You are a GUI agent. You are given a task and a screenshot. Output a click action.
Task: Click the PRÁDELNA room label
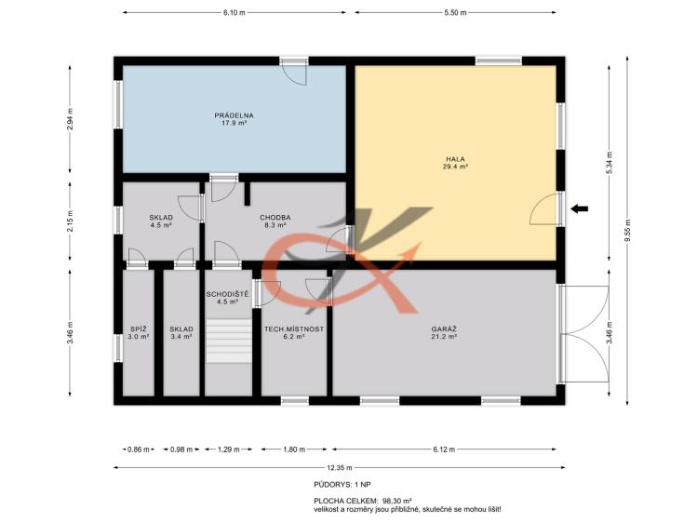pyautogui.click(x=234, y=119)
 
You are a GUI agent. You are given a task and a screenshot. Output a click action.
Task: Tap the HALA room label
pyautogui.click(x=456, y=163)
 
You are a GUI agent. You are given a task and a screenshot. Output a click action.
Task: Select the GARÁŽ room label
pyautogui.click(x=444, y=333)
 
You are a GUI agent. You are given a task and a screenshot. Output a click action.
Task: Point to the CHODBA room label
pyautogui.click(x=275, y=221)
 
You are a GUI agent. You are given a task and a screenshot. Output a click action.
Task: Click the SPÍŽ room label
pyautogui.click(x=139, y=333)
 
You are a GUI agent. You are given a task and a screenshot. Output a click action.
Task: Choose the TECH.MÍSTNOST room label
pyautogui.click(x=294, y=333)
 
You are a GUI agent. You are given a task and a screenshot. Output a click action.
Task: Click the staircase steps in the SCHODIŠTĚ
pyautogui.click(x=229, y=341)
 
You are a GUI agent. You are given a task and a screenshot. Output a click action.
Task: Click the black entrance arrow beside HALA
pyautogui.click(x=580, y=208)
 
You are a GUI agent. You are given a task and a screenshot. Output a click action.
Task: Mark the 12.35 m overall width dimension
pyautogui.click(x=339, y=467)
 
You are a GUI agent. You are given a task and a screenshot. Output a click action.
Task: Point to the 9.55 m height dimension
pyautogui.click(x=627, y=231)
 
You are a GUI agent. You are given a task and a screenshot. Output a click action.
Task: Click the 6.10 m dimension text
pyautogui.click(x=235, y=12)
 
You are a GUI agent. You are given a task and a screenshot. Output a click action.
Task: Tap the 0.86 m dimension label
pyautogui.click(x=139, y=449)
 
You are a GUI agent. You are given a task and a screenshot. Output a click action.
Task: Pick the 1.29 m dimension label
pyautogui.click(x=229, y=449)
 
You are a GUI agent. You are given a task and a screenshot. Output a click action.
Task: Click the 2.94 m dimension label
pyautogui.click(x=70, y=119)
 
